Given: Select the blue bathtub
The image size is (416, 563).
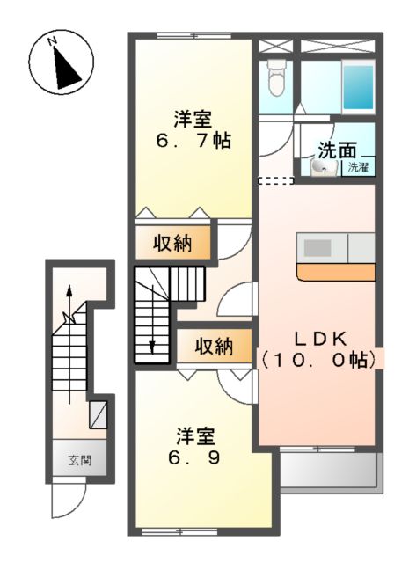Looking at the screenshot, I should pos(357,84).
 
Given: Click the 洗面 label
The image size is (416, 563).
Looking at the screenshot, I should pos(337,150).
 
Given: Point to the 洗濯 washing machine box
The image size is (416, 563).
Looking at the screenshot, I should pos(357,166).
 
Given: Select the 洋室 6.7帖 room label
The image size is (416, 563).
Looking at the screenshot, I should pos(192,128).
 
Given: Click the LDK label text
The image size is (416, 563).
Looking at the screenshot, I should pos(319,337).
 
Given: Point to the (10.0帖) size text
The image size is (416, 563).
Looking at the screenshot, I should pos(319,359).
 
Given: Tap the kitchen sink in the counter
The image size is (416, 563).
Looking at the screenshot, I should pos(316,245).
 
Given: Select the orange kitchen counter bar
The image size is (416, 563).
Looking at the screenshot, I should pos(337,272).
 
